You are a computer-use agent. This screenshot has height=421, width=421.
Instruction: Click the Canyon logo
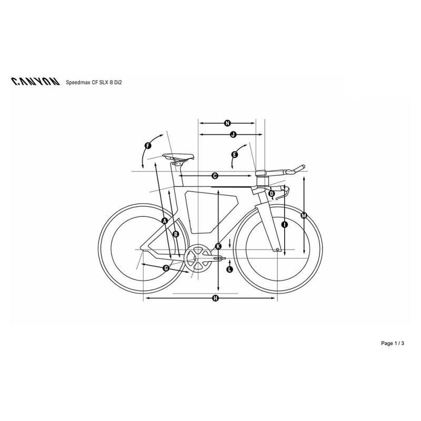[x=35, y=82]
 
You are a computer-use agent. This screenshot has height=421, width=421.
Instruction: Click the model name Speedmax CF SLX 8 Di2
[x=94, y=83]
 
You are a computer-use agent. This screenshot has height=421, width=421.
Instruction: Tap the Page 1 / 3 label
[x=392, y=343]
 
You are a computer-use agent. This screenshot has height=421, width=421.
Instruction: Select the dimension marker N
[x=227, y=123]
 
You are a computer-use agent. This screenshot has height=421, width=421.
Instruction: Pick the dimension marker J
[x=233, y=134]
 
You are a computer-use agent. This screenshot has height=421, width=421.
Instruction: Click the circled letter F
[x=148, y=146]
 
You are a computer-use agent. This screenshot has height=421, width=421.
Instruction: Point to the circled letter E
[x=234, y=155]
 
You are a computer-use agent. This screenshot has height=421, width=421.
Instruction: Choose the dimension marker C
[x=215, y=176]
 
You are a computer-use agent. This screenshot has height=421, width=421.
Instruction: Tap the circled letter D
[x=272, y=193]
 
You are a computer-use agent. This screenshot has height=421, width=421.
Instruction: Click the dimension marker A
[x=165, y=221]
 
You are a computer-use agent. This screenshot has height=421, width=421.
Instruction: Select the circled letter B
[x=176, y=234]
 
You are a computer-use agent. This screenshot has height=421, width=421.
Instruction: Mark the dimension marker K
[x=218, y=246]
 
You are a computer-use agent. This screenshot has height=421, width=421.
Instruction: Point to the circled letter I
[x=285, y=225]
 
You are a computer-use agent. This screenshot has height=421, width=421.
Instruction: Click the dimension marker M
[x=304, y=215]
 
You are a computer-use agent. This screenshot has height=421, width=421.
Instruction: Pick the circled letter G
[x=166, y=268]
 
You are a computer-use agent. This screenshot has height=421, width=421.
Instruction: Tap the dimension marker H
[x=215, y=298]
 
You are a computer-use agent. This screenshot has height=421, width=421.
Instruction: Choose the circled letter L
[x=229, y=269]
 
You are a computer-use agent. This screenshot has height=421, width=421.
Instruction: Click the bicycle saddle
[x=178, y=156]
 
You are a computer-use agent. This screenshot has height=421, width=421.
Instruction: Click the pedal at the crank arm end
[x=219, y=258]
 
